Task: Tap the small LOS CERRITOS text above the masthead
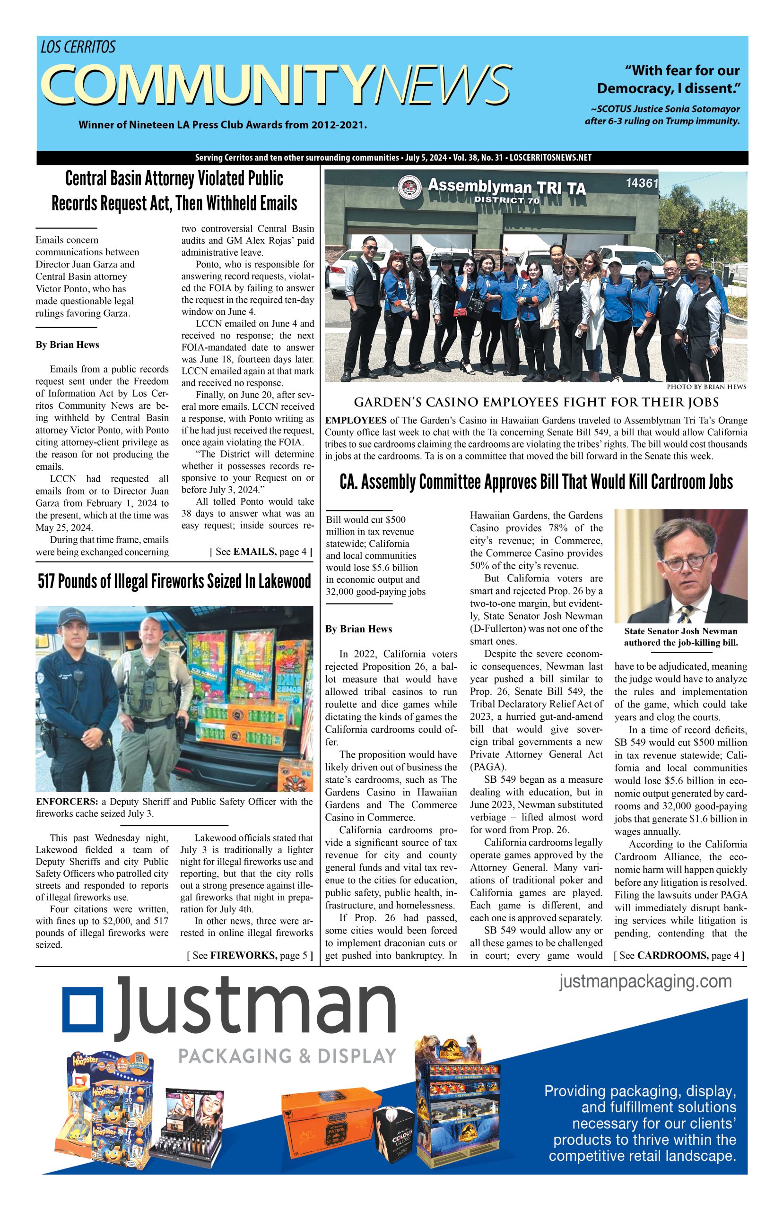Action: click(x=78, y=47)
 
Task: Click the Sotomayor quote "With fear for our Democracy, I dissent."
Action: click(x=668, y=79)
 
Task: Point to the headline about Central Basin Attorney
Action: click(x=174, y=191)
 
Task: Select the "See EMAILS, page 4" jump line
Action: click(x=261, y=552)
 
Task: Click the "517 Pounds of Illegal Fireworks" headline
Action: click(x=174, y=581)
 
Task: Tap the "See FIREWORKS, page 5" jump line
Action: click(x=250, y=955)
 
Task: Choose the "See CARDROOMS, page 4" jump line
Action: click(x=679, y=955)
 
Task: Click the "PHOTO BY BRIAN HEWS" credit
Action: click(x=713, y=387)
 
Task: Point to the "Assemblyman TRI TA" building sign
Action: click(x=506, y=188)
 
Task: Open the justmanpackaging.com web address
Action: click(x=645, y=981)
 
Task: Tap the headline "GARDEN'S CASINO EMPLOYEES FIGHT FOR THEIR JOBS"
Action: click(x=536, y=403)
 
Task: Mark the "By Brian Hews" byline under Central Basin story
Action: click(x=67, y=345)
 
